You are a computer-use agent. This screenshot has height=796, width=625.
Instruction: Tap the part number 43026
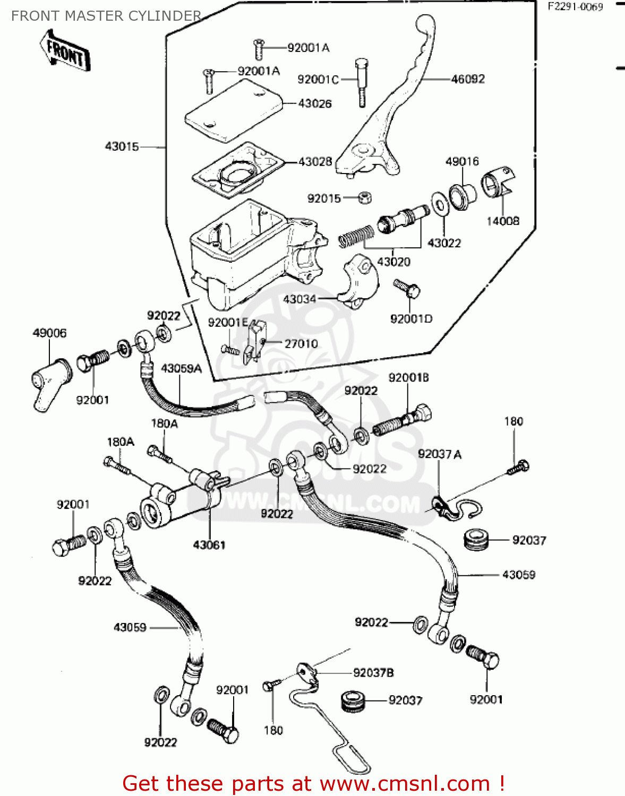(x=315, y=103)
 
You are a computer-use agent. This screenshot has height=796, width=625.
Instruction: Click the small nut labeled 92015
(x=364, y=198)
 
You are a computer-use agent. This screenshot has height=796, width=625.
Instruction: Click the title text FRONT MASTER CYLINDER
(x=106, y=16)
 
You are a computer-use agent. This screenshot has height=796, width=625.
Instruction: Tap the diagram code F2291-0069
(x=576, y=7)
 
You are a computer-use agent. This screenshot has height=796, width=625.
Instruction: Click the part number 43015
(x=122, y=146)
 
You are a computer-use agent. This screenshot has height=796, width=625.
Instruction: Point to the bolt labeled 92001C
(x=361, y=82)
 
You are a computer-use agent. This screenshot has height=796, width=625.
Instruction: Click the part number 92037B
(x=373, y=673)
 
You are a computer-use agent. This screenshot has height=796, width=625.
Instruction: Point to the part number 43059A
(x=181, y=368)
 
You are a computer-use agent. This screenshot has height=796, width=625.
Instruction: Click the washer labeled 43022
(x=439, y=205)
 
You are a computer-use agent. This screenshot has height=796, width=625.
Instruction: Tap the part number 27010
(x=301, y=344)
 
